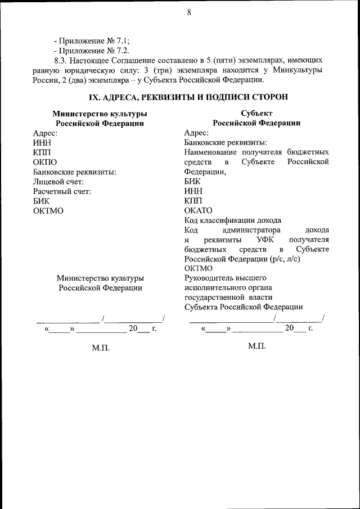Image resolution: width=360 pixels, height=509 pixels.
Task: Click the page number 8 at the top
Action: [189, 13]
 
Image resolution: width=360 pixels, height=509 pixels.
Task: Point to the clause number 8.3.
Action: [60, 59]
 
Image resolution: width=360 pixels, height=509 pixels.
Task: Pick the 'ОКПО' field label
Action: [45, 162]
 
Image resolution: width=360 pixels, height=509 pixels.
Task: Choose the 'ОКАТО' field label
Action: [199, 210]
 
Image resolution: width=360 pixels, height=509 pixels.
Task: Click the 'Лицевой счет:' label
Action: [58, 182]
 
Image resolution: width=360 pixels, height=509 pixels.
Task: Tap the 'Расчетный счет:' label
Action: [62, 191]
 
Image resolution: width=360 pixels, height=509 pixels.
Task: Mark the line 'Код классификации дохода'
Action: [232, 220]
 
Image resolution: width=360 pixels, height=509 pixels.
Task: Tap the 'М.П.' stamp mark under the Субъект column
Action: [256, 345]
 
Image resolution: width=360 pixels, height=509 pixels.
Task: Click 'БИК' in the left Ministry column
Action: [41, 201]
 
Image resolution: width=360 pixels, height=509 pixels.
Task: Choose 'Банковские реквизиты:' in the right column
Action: [226, 143]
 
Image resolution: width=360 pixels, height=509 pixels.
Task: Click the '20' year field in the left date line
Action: [134, 329]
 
